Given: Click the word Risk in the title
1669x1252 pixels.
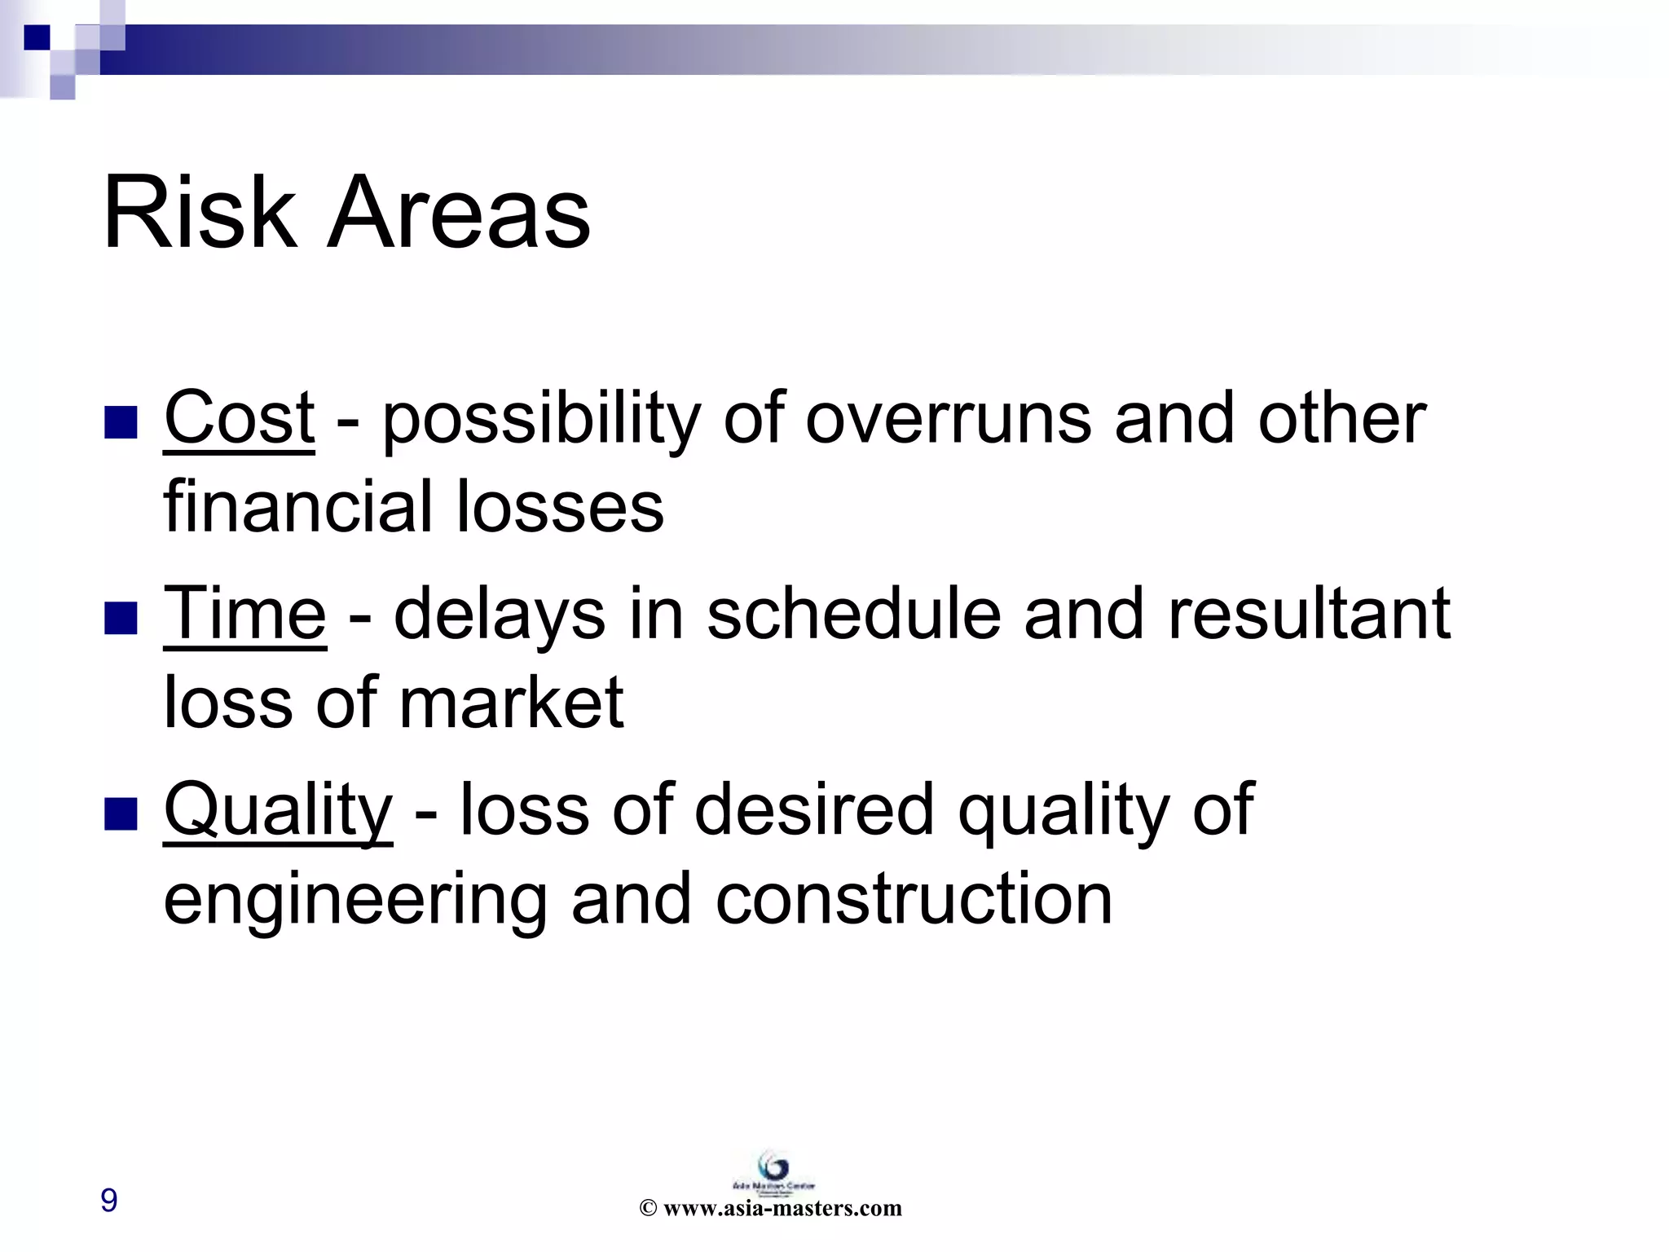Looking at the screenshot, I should [x=199, y=214].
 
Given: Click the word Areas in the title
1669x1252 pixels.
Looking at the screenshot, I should [x=458, y=214].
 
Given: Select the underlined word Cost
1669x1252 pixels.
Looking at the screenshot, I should [x=239, y=418].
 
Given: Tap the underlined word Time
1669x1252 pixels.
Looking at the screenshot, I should [x=244, y=614].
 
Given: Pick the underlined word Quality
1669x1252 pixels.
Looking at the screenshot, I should [x=278, y=811].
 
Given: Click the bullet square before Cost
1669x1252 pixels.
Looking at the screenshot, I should [x=121, y=421].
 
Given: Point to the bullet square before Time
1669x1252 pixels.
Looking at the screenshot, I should [x=121, y=618].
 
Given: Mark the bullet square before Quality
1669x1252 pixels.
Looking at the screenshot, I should [x=121, y=814].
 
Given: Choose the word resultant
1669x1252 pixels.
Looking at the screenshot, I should [x=1309, y=614].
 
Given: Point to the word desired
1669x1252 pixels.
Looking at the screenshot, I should [x=813, y=811].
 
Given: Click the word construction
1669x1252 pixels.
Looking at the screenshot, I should [x=914, y=900].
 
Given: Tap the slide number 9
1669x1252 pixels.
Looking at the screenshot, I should [x=108, y=1200].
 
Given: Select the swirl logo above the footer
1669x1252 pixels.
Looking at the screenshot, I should [x=773, y=1165].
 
